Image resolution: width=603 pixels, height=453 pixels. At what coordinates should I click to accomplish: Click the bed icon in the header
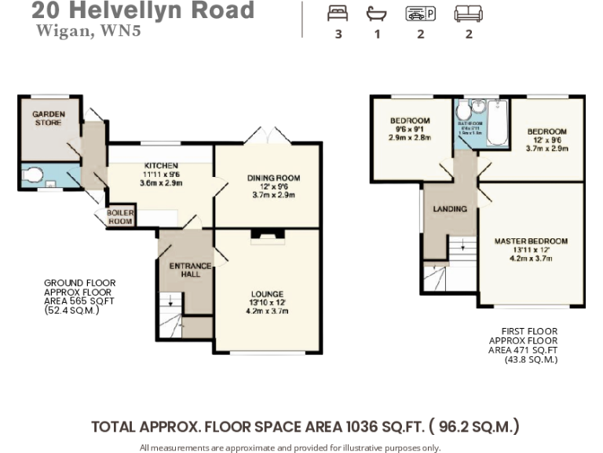pyautogui.click(x=338, y=13)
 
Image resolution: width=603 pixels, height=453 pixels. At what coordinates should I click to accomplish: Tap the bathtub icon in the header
pyautogui.click(x=377, y=13)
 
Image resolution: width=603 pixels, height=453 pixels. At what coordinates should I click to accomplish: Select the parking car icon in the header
pyautogui.click(x=420, y=13)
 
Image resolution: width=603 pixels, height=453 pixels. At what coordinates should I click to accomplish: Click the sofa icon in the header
pyautogui.click(x=469, y=13)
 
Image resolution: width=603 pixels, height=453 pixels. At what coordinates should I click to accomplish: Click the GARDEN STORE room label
pyautogui.click(x=49, y=118)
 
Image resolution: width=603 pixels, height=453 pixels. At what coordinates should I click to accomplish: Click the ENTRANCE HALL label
pyautogui.click(x=191, y=271)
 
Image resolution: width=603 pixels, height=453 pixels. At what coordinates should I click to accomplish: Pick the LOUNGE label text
pyautogui.click(x=268, y=294)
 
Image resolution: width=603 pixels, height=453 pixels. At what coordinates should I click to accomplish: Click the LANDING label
pyautogui.click(x=450, y=209)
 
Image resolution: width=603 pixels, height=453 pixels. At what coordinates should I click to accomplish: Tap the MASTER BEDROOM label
pyautogui.click(x=530, y=241)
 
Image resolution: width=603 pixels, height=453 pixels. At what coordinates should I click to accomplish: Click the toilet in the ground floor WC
pyautogui.click(x=34, y=175)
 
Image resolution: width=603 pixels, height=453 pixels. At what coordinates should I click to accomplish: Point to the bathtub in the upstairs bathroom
pyautogui.click(x=496, y=124)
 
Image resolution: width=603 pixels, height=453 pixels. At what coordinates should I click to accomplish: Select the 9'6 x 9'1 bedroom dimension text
pyautogui.click(x=410, y=130)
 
